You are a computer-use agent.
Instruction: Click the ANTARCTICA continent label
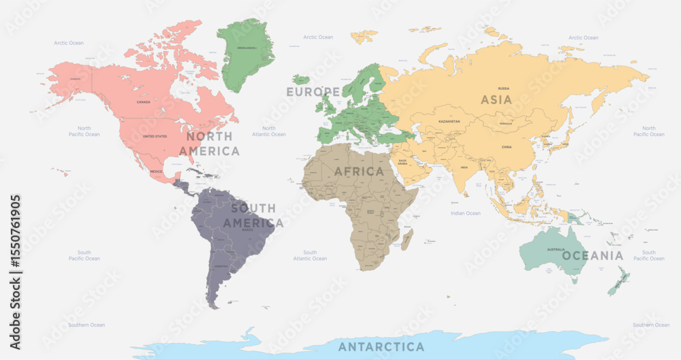pyautogui.click(x=381, y=346)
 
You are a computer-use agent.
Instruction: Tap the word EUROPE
pyautogui.click(x=313, y=91)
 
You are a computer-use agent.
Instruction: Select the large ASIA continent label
pyautogui.click(x=496, y=99)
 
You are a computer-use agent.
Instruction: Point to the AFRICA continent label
pyautogui.click(x=359, y=171)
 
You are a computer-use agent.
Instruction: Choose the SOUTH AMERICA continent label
pyautogui.click(x=253, y=215)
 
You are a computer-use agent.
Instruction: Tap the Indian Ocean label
pyautogui.click(x=465, y=213)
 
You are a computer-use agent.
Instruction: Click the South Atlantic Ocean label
pyautogui.click(x=309, y=255)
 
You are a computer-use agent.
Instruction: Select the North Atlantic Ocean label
pyautogui.click(x=269, y=131)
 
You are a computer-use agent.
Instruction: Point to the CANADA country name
pyautogui.click(x=144, y=102)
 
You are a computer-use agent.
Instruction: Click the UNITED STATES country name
pyautogui.click(x=155, y=136)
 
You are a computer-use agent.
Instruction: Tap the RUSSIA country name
pyautogui.click(x=504, y=88)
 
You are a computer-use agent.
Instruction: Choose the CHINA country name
pyautogui.click(x=506, y=146)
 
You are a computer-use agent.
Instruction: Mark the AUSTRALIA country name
pyautogui.click(x=556, y=249)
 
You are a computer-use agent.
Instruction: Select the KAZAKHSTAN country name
pyautogui.click(x=449, y=121)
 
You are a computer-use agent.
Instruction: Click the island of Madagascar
pyautogui.click(x=408, y=239)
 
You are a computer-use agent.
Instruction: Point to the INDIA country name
pyautogui.click(x=464, y=167)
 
